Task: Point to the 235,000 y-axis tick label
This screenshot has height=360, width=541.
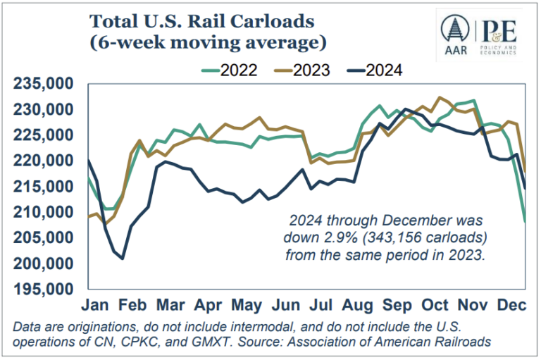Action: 44,84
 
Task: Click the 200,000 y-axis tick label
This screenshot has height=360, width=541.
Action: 44,263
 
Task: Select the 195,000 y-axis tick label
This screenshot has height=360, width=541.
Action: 44,289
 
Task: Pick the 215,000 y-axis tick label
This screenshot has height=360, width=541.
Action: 44,187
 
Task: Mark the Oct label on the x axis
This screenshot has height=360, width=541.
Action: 435,306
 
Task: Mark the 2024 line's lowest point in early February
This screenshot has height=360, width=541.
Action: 122,259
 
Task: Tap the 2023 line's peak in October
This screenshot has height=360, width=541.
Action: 440,97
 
